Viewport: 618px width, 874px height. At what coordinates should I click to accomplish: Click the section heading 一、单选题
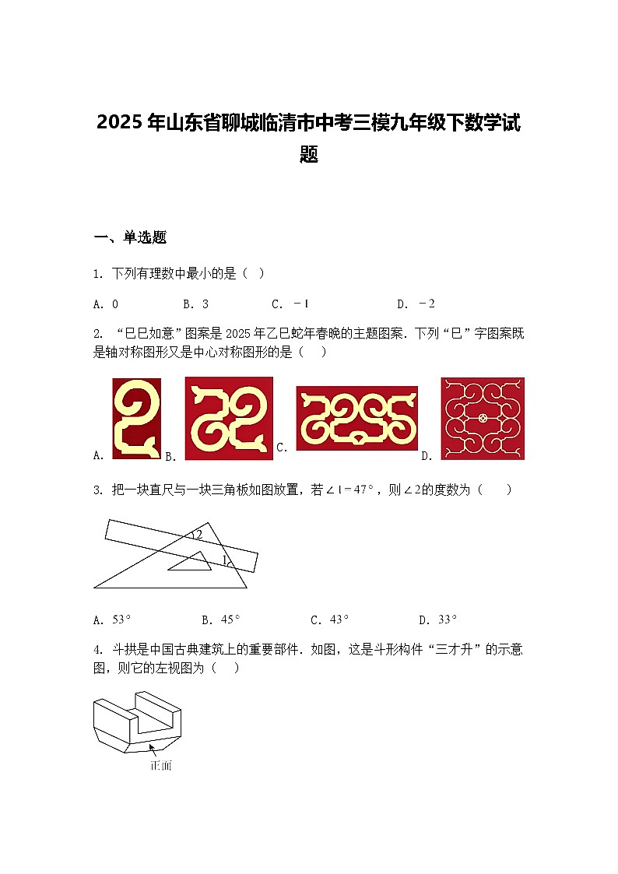click(130, 238)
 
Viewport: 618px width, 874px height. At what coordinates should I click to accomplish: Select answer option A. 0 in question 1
click(106, 304)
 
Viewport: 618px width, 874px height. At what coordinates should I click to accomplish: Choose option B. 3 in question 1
click(195, 304)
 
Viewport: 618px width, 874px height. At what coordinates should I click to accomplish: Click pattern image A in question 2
click(137, 418)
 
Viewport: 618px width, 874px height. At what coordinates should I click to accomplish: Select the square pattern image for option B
click(229, 418)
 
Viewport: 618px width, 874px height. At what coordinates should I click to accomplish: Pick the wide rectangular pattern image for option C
click(356, 418)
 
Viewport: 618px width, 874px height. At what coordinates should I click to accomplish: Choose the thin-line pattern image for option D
click(483, 418)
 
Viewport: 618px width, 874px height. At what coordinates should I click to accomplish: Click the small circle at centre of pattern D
click(483, 418)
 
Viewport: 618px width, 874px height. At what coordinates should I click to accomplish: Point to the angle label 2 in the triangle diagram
click(199, 535)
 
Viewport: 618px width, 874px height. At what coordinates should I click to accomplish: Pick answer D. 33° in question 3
click(438, 620)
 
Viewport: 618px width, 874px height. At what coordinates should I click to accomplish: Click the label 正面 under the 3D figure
click(160, 766)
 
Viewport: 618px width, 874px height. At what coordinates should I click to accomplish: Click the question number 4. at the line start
click(98, 649)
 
